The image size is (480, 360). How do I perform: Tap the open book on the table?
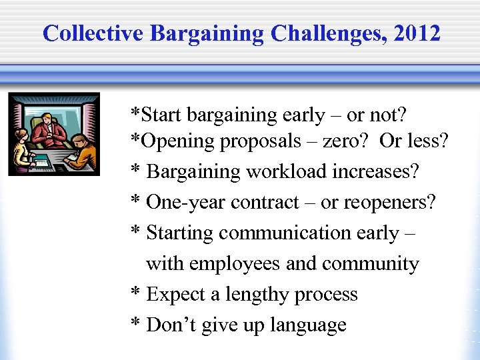41,161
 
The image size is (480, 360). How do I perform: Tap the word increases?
377,171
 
